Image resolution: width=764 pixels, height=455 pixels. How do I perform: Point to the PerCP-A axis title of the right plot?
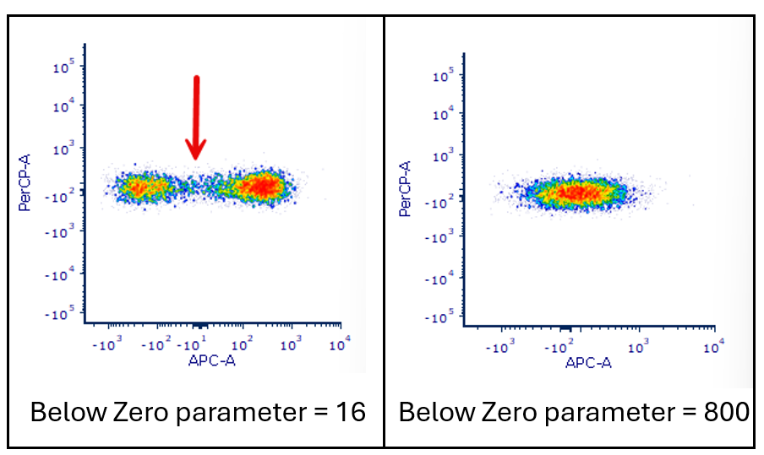click(407, 189)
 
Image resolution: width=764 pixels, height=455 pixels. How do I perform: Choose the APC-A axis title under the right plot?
click(588, 363)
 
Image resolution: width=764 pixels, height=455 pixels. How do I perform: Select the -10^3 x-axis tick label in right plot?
click(501, 346)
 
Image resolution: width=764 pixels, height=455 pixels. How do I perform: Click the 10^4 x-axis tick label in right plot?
click(715, 346)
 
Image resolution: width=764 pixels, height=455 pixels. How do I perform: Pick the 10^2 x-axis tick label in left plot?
click(243, 344)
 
